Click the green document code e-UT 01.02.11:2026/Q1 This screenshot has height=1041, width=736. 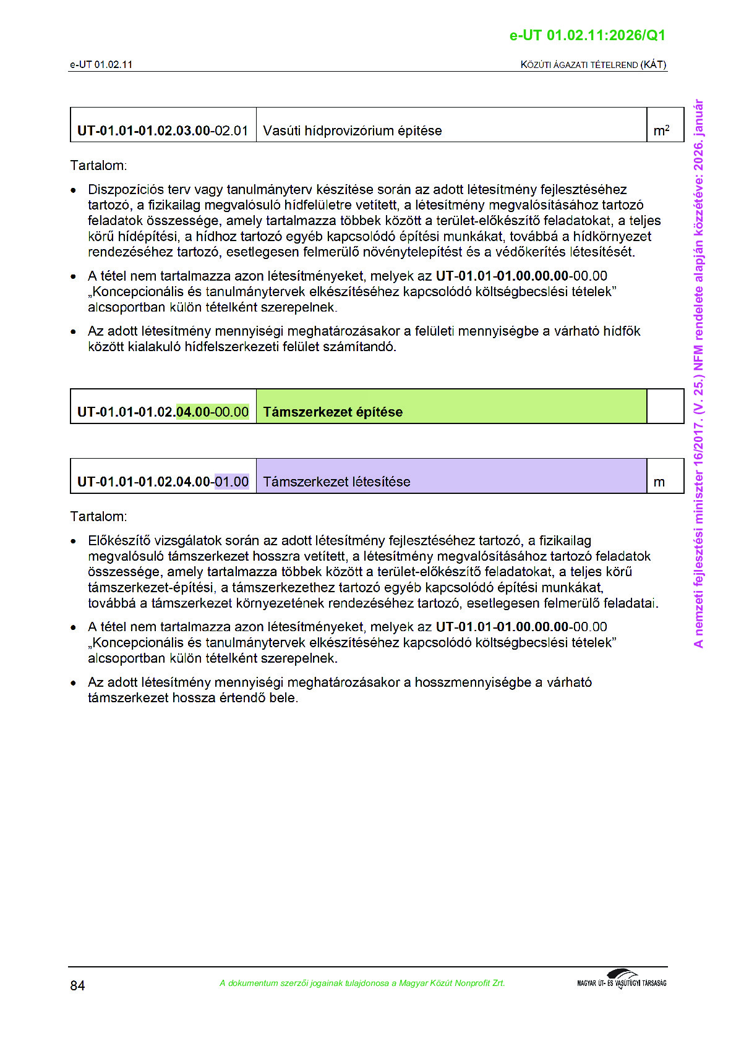pos(587,35)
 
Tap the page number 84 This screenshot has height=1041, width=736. pos(77,985)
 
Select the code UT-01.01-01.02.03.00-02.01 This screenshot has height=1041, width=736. pos(163,130)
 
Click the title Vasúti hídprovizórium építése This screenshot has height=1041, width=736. pos(352,130)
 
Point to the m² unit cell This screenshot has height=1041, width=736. pos(661,130)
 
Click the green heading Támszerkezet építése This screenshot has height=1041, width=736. pos(333,412)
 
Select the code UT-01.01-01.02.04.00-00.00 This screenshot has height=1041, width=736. pos(163,412)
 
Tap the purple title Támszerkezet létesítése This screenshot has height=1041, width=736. pos(336,482)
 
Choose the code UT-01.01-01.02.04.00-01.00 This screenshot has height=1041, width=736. pos(163,482)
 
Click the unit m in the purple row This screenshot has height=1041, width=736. pos(659,482)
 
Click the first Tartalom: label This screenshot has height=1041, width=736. pos(98,166)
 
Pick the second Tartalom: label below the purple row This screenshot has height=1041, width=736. pos(98,516)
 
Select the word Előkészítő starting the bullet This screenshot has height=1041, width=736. pos(119,541)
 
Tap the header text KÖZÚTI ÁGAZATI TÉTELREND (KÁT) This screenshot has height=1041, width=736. pos(593,64)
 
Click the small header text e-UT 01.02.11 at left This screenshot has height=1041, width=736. pos(101,64)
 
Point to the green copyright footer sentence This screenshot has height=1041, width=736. pos(362,983)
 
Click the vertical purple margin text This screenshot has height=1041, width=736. pos(698,373)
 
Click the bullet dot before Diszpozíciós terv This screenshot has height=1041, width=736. pos(74,190)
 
